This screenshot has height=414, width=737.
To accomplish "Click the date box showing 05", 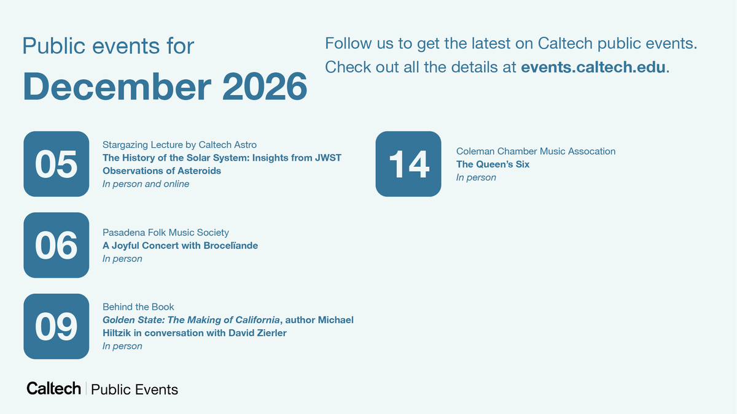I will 56,164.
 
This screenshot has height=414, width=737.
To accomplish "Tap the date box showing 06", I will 56,245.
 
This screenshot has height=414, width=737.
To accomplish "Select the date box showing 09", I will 56,326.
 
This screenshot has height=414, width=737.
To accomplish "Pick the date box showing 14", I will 408,164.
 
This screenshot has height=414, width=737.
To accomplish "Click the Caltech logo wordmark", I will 53,388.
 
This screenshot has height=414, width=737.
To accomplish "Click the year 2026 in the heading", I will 265,86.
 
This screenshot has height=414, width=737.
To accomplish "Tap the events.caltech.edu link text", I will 593,67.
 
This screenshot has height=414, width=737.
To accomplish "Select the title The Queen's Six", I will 493,164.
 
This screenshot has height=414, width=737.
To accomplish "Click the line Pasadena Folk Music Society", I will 165,232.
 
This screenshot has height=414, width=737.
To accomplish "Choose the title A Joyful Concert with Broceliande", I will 180,245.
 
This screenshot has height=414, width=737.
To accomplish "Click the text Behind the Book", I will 138,307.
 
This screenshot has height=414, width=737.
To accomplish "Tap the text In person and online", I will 146,184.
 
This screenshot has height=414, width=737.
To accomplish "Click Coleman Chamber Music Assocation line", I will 536,151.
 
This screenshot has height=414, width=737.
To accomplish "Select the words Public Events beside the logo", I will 135,389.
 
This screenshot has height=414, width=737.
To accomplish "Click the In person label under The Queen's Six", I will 476,177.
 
